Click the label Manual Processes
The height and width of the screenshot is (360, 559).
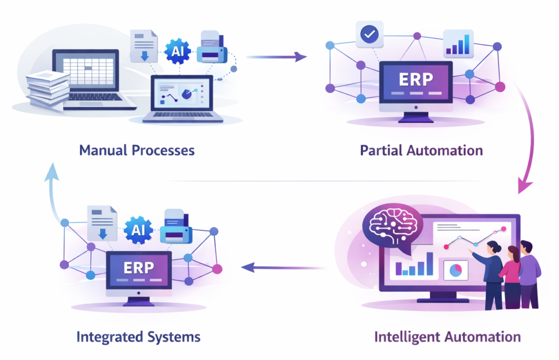pos(136,150)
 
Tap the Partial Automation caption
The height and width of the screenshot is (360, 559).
pos(421,150)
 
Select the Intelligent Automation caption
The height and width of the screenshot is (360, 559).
pos(447,336)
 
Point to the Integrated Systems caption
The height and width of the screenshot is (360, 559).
pos(138,336)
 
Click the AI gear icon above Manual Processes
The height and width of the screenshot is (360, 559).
pos(178,52)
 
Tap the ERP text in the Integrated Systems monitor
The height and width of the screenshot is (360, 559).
pos(139,268)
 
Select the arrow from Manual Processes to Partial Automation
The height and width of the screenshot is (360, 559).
pos(276,56)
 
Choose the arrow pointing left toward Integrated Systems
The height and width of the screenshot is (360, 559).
pos(282,267)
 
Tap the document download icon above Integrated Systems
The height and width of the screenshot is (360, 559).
pos(103,223)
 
